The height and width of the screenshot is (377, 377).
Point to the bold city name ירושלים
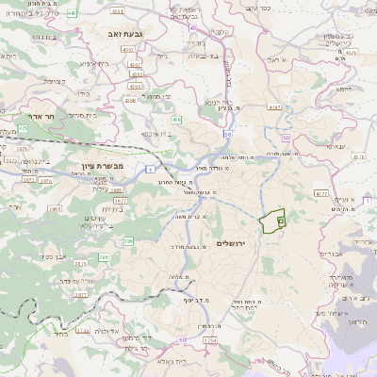[230, 243]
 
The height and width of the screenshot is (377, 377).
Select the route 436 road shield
[176, 121]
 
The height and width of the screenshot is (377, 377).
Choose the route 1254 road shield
[209, 339]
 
